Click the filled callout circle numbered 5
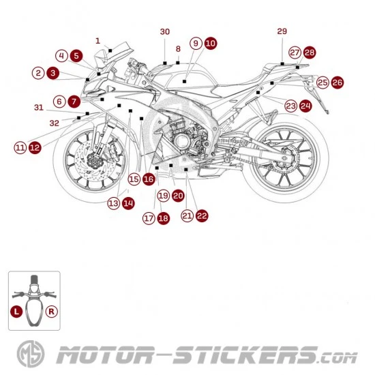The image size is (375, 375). [x=76, y=56]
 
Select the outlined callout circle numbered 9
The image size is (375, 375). [x=196, y=43]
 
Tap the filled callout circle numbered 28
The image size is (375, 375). [x=310, y=52]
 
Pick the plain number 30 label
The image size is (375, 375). [x=165, y=31]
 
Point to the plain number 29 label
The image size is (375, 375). [x=282, y=31]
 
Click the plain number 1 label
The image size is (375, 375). [x=97, y=41]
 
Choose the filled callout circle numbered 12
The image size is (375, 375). [x=35, y=147]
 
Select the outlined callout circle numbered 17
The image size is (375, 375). [x=149, y=218]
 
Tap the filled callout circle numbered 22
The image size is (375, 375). [x=202, y=215]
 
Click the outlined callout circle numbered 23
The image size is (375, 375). [x=291, y=106]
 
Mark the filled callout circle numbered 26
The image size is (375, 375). [x=337, y=82]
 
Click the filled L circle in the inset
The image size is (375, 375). [x=16, y=312]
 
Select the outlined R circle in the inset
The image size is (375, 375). [x=51, y=312]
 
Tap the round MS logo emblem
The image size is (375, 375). [x=31, y=354]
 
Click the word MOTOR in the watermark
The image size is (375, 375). [x=104, y=355]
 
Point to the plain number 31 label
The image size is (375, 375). [x=39, y=107]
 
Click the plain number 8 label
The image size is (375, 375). [x=178, y=49]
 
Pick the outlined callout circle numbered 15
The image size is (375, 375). [x=134, y=179]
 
